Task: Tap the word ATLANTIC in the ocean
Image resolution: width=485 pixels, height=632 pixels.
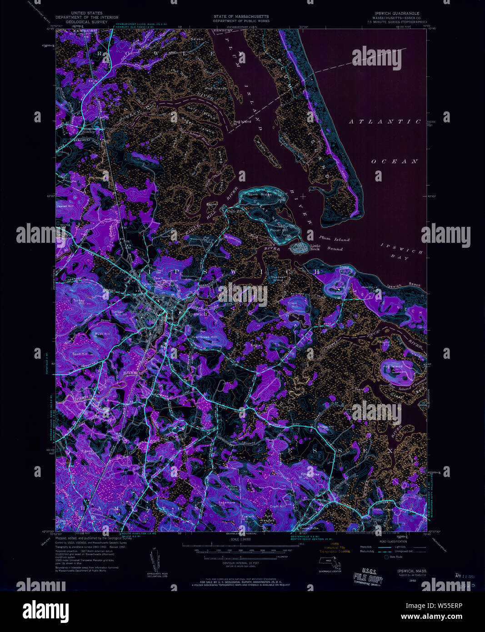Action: click(x=385, y=122)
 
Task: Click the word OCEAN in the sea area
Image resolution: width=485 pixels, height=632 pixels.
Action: click(x=394, y=161)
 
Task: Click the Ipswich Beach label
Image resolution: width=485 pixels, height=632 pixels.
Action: click(x=406, y=286)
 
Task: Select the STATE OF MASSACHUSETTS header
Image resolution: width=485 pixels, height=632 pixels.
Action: click(x=241, y=16)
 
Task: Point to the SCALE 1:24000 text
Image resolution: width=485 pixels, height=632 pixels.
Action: click(x=241, y=540)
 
